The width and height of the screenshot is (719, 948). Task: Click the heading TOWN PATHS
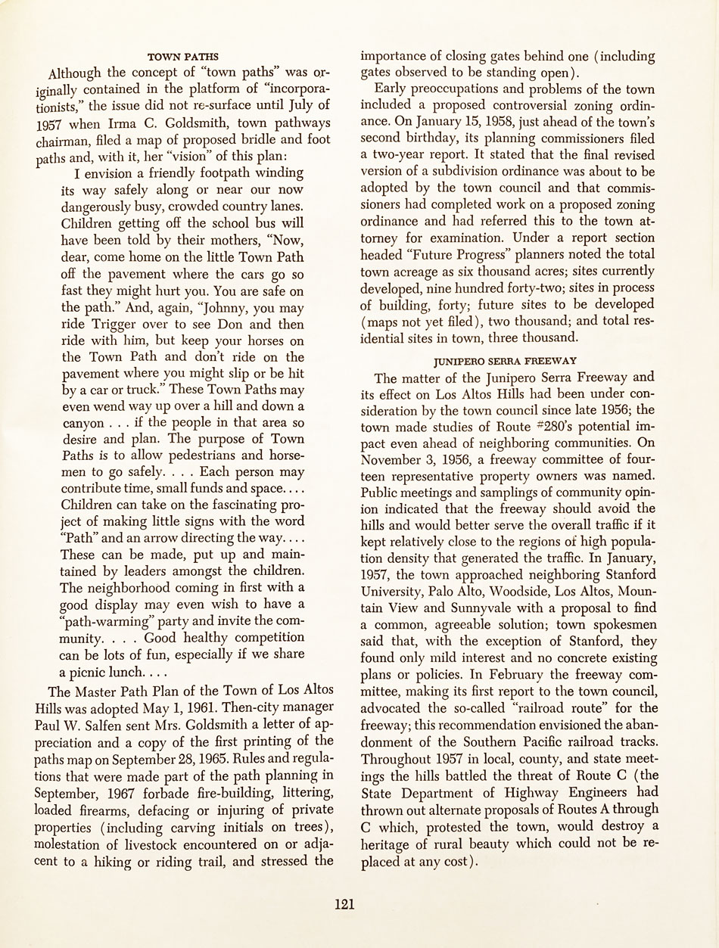[183, 57]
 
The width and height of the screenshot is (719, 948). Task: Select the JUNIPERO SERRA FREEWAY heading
[506, 361]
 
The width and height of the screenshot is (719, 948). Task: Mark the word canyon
[83, 423]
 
